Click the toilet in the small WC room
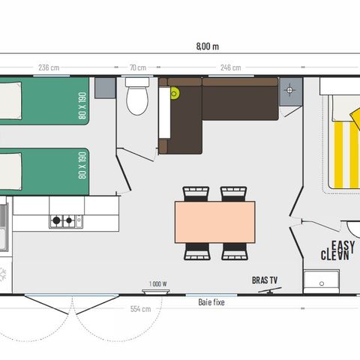(x=137, y=97)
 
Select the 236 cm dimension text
(x=49, y=67)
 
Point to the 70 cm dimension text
(x=136, y=67)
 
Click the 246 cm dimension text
(x=231, y=67)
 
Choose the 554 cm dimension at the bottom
(x=140, y=309)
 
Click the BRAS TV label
(x=265, y=280)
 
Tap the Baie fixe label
(x=211, y=302)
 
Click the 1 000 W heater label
(x=157, y=283)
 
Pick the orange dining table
(x=214, y=222)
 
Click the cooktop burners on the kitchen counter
(x=65, y=221)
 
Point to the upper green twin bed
(x=45, y=102)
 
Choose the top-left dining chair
(x=196, y=193)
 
